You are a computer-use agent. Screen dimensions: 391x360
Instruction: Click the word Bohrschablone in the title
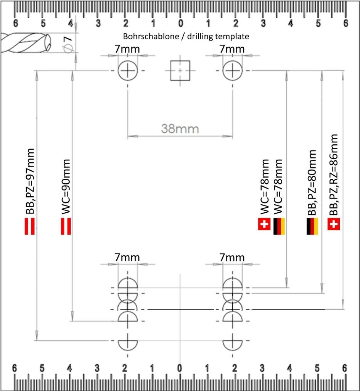point(145,37)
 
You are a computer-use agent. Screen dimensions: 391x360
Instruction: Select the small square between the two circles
point(180,71)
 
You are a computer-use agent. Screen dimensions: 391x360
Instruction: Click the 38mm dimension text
point(180,128)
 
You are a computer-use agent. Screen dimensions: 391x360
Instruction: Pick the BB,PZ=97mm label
point(30,181)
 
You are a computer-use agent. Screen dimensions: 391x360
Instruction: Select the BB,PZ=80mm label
point(312,183)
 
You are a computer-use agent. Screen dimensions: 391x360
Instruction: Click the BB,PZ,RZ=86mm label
point(333,174)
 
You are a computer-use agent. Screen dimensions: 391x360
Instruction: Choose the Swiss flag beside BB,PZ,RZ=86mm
point(333,225)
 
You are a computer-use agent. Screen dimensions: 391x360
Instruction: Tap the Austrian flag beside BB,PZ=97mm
point(30,226)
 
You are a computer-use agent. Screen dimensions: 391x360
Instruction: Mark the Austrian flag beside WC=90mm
point(66,226)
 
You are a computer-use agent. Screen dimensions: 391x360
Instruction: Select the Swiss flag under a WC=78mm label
point(264,225)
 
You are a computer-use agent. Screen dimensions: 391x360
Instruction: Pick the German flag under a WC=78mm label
point(279,226)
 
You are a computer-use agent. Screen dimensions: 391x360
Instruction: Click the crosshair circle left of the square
point(127,71)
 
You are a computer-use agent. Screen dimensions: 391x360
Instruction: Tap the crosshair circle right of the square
point(232,71)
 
